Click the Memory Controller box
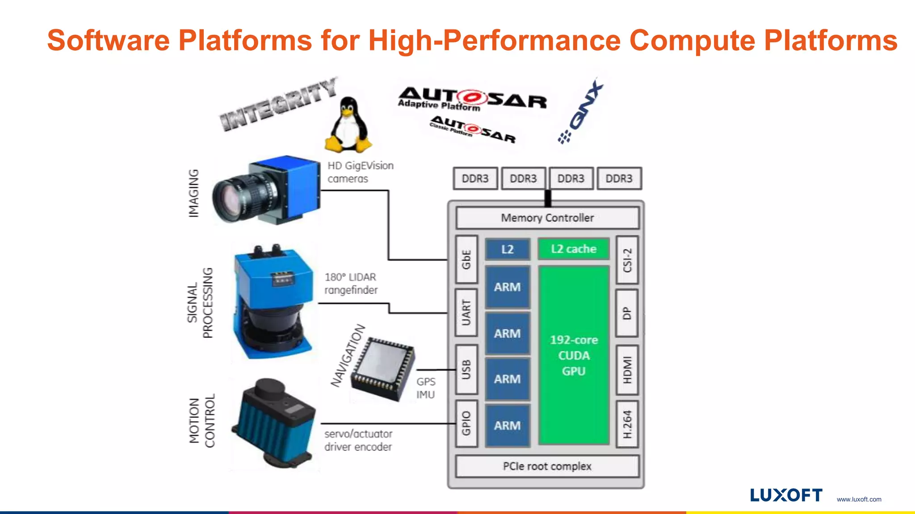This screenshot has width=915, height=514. click(x=547, y=218)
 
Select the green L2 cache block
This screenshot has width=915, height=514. click(x=574, y=249)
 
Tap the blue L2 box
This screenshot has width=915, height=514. click(x=508, y=249)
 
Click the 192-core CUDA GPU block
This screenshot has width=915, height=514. click(x=574, y=355)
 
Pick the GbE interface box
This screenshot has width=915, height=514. click(x=466, y=259)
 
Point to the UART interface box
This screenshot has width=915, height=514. click(x=466, y=312)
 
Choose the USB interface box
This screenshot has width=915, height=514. click(x=466, y=369)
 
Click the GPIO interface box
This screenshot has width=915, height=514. click(x=466, y=423)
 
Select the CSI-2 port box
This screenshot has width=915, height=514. click(x=627, y=260)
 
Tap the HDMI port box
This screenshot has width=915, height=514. click(x=627, y=370)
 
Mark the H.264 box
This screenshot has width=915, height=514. click(x=627, y=424)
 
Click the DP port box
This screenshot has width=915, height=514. click(x=627, y=313)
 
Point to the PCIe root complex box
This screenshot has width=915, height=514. click(x=547, y=466)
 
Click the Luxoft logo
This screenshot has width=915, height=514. click(x=786, y=495)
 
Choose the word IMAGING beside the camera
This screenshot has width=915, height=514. click(x=193, y=193)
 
